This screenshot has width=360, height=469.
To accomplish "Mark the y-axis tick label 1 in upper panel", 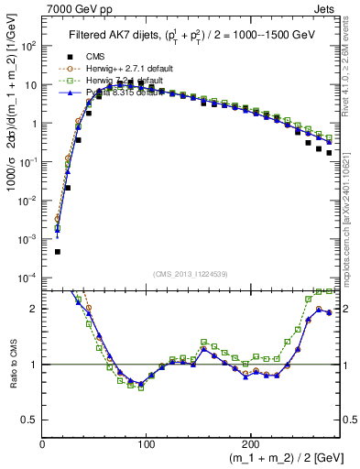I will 33,123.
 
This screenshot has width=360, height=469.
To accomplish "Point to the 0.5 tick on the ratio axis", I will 30,420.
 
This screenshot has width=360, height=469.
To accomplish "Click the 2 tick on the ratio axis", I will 33,309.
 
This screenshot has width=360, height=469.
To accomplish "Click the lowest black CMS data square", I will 57,251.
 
